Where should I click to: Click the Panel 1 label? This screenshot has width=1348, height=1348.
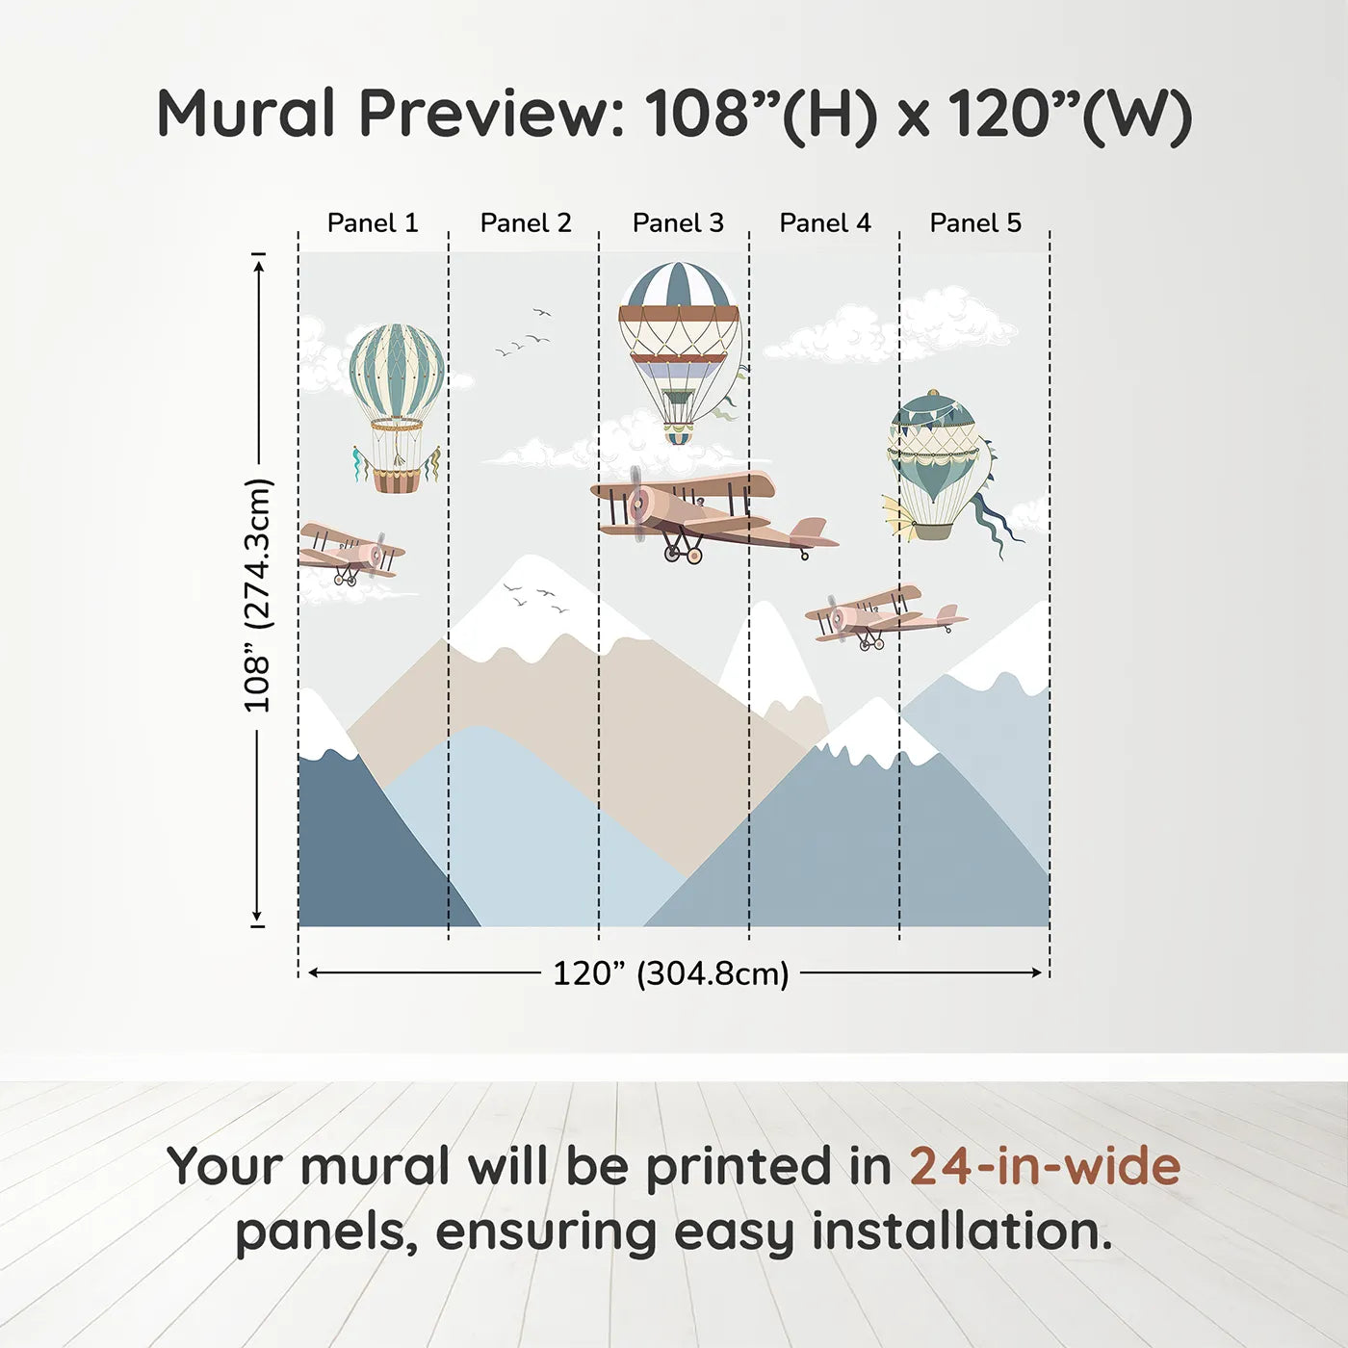pyautogui.click(x=373, y=223)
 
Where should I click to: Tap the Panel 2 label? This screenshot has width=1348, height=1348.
pyautogui.click(x=526, y=223)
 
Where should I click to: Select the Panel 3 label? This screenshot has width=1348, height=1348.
pyautogui.click(x=678, y=223)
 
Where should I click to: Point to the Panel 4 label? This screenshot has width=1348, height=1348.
pyautogui.click(x=825, y=223)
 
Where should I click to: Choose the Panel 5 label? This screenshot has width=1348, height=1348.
pyautogui.click(x=975, y=223)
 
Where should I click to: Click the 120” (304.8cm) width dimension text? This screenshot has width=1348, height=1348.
pyautogui.click(x=671, y=973)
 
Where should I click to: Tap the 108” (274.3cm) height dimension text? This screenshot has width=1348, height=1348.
pyautogui.click(x=257, y=595)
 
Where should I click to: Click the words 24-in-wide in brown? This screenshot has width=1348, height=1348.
pyautogui.click(x=1045, y=1166)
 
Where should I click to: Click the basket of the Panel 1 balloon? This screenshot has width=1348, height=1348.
pyautogui.click(x=397, y=481)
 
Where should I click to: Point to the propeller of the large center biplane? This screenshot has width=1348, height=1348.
pyautogui.click(x=637, y=503)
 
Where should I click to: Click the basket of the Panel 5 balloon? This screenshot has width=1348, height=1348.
pyautogui.click(x=932, y=531)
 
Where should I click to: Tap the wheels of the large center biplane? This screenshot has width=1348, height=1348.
pyautogui.click(x=683, y=554)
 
